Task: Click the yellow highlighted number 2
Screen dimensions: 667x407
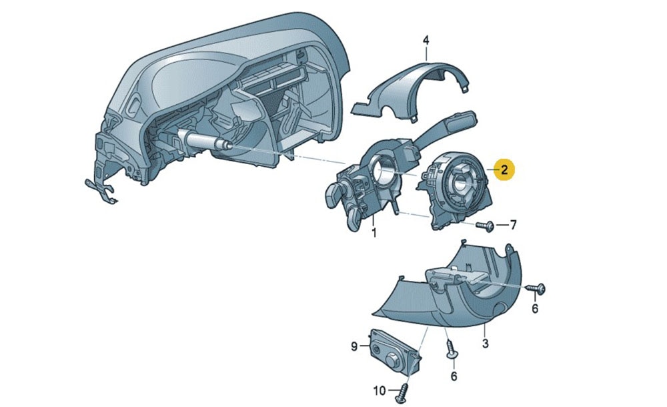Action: [x=504, y=170]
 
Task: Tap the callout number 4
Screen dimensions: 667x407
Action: [x=426, y=41]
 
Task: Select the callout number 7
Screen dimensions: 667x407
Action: [x=513, y=224]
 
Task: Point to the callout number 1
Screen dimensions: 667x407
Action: [x=374, y=233]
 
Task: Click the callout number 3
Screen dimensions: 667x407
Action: [x=486, y=343]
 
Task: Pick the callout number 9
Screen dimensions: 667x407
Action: [x=354, y=347]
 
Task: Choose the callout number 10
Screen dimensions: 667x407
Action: [x=380, y=390]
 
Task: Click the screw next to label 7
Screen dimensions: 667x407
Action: [x=485, y=226]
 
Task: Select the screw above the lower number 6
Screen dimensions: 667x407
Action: [x=451, y=349]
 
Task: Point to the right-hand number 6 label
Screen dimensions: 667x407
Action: [x=535, y=308]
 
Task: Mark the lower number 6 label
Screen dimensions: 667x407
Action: [x=454, y=376]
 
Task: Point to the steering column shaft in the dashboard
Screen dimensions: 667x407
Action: [x=203, y=141]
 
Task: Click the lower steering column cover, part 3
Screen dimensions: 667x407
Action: [x=451, y=298]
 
